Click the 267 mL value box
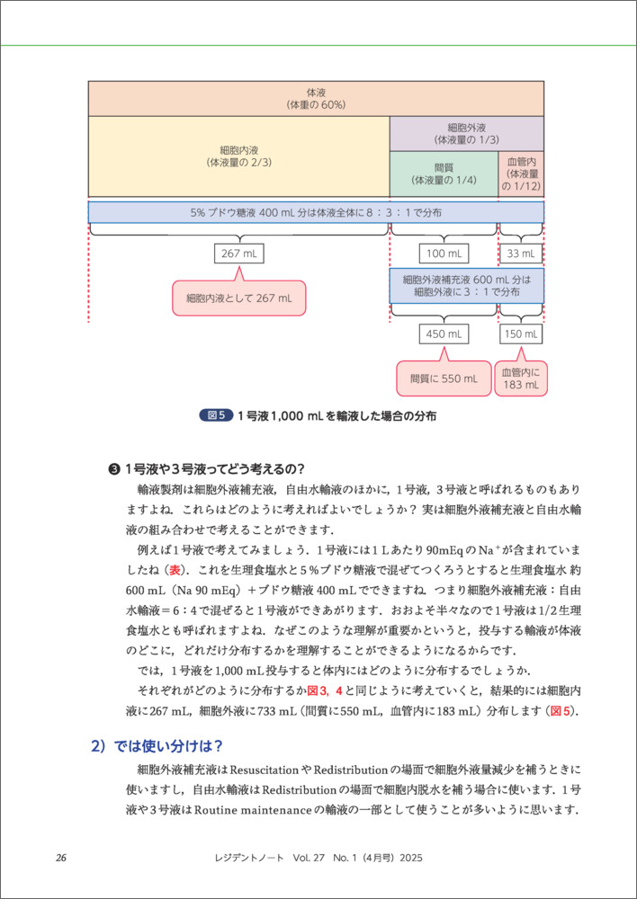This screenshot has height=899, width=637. [x=239, y=254]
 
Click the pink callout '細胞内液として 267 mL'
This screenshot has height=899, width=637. [x=238, y=298]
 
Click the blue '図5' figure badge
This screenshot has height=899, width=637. [x=215, y=415]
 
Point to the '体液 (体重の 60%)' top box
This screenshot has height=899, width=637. [x=316, y=98]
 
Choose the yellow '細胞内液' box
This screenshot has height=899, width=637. [x=238, y=156]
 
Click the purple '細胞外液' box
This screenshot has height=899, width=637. [x=466, y=133]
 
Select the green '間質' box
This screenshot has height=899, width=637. [x=444, y=174]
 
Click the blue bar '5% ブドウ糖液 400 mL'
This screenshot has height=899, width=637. [x=316, y=212]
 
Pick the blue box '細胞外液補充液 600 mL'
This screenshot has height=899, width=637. [x=466, y=286]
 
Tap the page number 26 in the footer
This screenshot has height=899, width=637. [x=61, y=858]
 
